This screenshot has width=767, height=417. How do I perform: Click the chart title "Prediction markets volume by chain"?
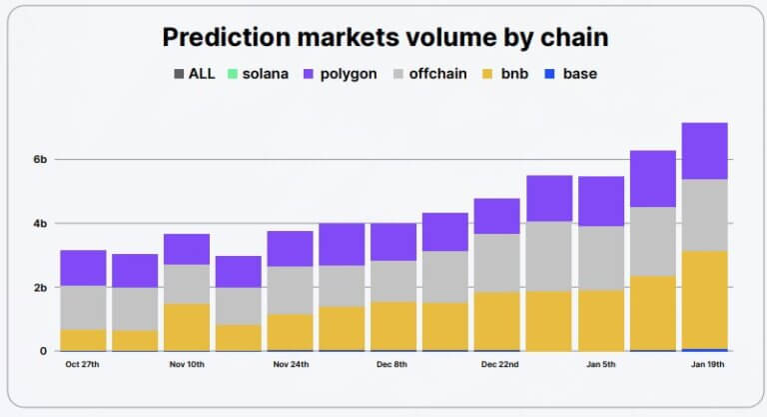[384, 38]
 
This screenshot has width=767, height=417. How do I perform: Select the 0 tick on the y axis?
[42, 351]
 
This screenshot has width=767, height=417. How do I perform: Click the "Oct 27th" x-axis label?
[83, 365]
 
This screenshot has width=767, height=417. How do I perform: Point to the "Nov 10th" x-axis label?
[186, 365]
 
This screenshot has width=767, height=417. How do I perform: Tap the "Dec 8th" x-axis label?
[392, 365]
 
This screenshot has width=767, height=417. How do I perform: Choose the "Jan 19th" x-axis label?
[704, 365]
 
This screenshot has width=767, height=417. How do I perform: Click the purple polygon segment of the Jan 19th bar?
[704, 151]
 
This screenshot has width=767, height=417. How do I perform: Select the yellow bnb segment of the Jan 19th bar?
[704, 300]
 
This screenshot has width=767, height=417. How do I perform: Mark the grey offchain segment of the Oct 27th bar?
[83, 308]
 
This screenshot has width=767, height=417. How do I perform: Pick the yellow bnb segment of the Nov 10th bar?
[186, 327]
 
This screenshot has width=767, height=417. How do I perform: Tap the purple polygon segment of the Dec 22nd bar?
[496, 216]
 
